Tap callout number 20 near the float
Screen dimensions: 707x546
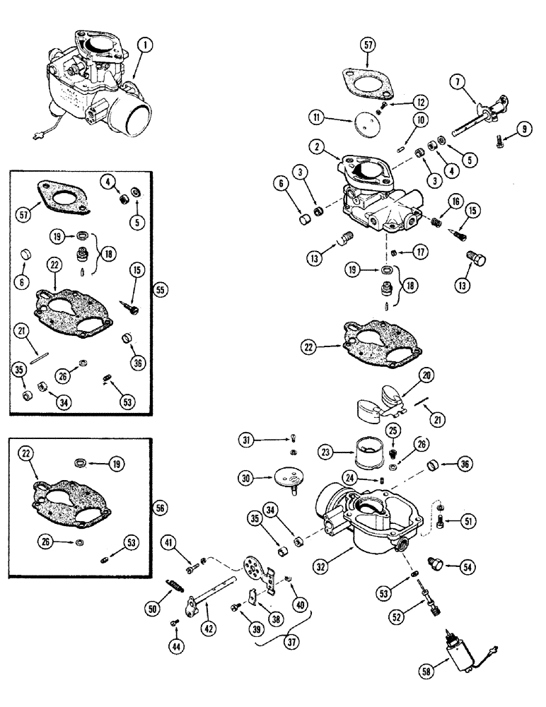[427, 375]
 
